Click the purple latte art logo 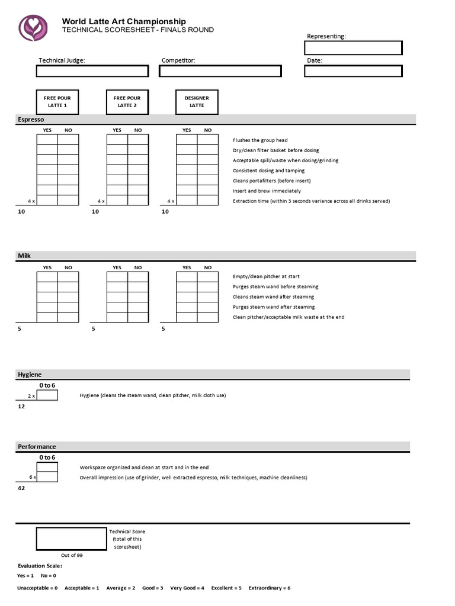[33, 27]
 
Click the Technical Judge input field [92, 71]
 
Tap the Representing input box [354, 47]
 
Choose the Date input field [354, 71]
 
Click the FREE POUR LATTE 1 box [57, 102]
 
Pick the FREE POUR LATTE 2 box [127, 102]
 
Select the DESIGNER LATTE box [197, 102]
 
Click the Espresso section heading [27, 120]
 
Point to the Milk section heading [24, 256]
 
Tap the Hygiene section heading [29, 374]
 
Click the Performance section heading [37, 447]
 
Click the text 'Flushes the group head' [260, 140]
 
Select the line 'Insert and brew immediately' [267, 191]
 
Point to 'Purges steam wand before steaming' [275, 286]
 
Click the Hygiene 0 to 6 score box [47, 395]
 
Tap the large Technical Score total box [72, 539]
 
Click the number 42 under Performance [21, 489]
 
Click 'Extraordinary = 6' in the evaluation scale [270, 588]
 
